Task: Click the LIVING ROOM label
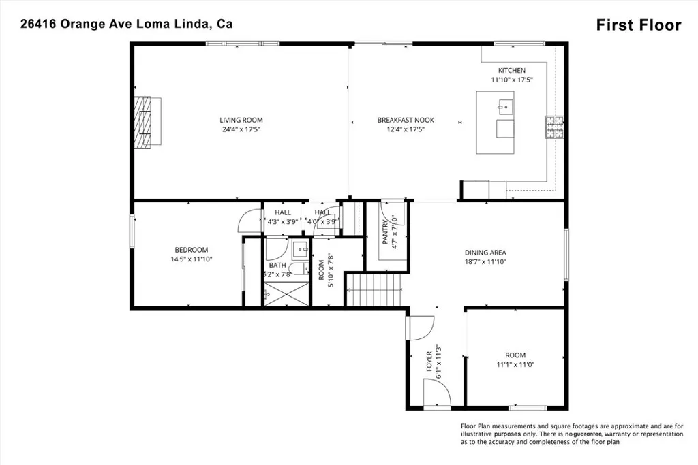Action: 241,120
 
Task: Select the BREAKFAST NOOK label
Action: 406,120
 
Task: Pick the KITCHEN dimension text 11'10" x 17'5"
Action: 511,80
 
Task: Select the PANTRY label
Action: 386,233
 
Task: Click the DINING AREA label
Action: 485,252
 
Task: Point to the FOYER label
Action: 429,361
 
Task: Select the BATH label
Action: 277,266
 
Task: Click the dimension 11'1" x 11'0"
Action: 515,365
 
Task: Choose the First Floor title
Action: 638,25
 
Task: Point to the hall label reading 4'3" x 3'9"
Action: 283,221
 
